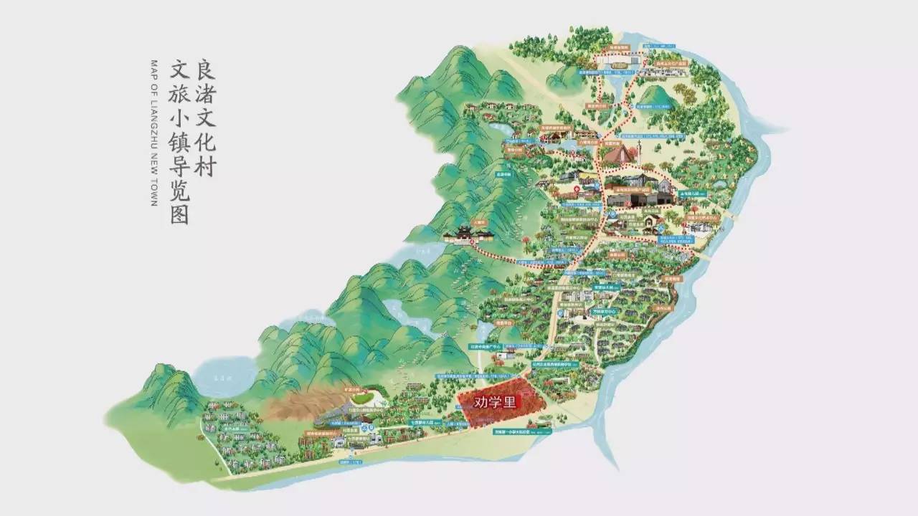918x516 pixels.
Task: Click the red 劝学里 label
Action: [x=496, y=402]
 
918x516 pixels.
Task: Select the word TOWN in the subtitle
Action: [x=153, y=193]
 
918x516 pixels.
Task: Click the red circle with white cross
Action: [x=576, y=189]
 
